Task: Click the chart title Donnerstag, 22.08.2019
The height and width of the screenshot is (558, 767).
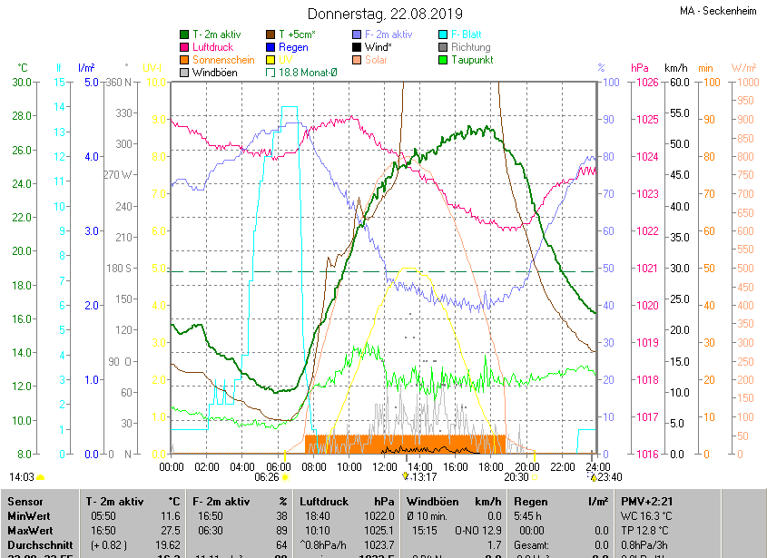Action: [x=385, y=14]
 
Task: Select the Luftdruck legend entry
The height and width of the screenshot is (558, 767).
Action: [x=212, y=47]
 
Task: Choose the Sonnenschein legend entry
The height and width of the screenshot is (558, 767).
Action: [x=222, y=60]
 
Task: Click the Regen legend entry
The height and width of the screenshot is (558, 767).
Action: [x=292, y=47]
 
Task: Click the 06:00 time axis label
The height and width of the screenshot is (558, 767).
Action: [x=277, y=466]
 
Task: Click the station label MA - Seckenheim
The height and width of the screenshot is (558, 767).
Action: [x=722, y=12]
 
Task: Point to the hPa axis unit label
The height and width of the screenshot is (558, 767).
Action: [x=640, y=68]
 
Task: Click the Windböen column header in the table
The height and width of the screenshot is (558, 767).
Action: [x=434, y=501]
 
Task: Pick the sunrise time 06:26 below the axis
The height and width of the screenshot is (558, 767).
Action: [x=266, y=476]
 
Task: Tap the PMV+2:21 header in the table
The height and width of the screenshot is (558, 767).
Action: [x=647, y=501]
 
